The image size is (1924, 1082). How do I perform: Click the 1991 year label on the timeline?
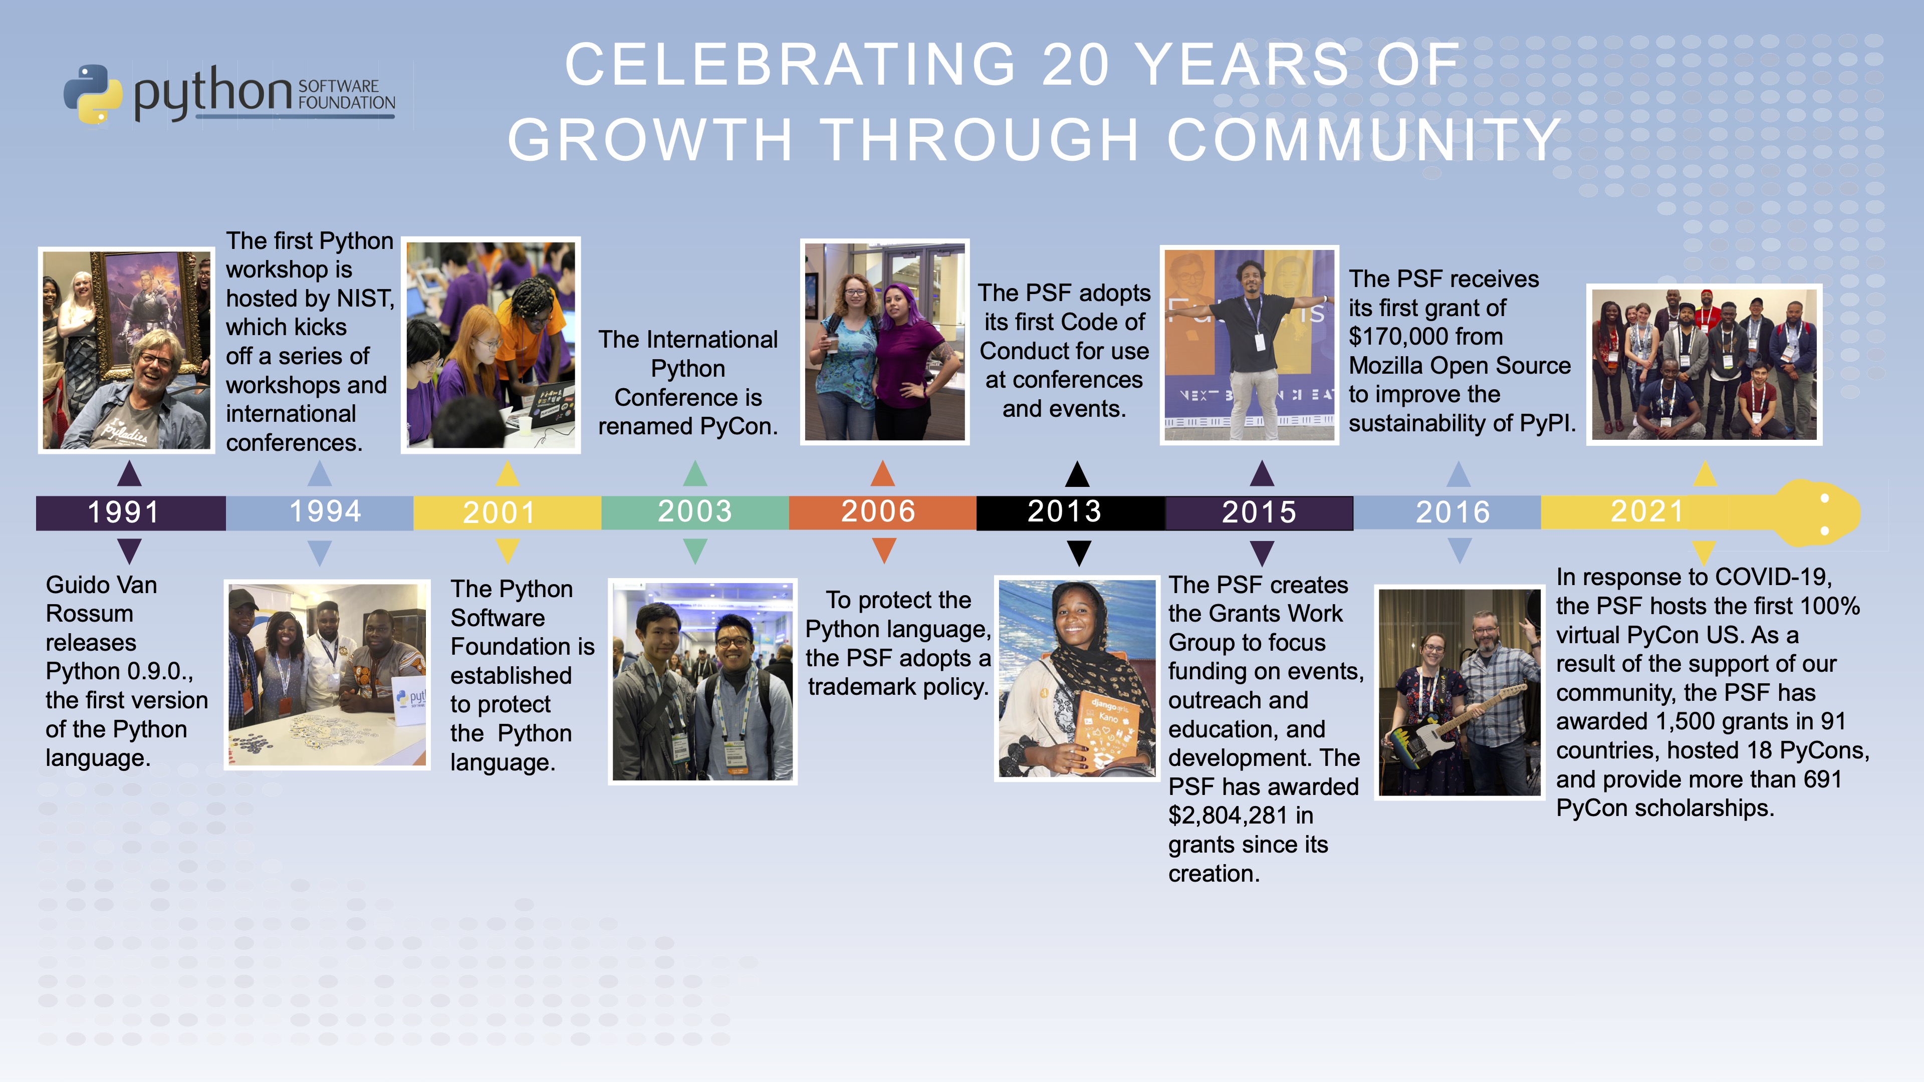(124, 512)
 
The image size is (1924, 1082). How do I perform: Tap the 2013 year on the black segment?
(1064, 511)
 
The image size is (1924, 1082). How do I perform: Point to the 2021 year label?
(1647, 511)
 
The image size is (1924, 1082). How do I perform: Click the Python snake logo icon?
(93, 94)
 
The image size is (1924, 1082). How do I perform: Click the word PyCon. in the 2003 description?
(739, 426)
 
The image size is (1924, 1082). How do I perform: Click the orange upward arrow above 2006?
(883, 473)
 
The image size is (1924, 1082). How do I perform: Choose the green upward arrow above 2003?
(694, 473)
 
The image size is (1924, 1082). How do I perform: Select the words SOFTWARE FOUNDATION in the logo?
(347, 95)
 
